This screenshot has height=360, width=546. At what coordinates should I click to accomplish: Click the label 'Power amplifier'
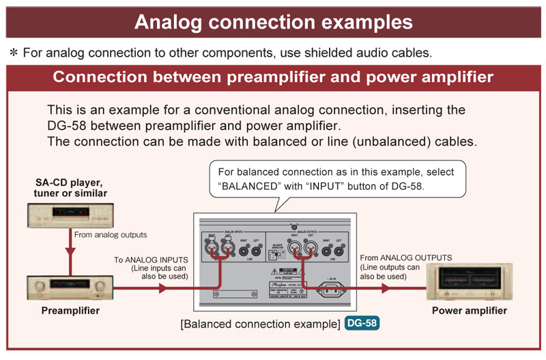point(470,311)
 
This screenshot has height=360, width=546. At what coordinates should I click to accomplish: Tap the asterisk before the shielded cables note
point(13,53)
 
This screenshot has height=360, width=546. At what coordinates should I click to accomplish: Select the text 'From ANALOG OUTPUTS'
point(405,258)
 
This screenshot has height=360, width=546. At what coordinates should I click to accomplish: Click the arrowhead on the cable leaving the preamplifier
point(162,288)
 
